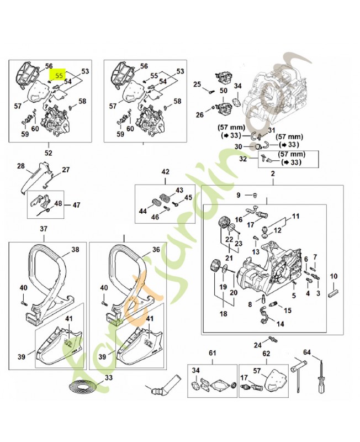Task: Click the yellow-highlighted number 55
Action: pyautogui.click(x=58, y=72)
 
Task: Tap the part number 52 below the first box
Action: pyautogui.click(x=48, y=152)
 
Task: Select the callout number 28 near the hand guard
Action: pyautogui.click(x=21, y=166)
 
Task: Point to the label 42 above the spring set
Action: pyautogui.click(x=165, y=172)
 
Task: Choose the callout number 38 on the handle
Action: pyautogui.click(x=75, y=250)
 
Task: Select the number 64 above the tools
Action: pyautogui.click(x=307, y=352)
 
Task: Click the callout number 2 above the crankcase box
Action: pyautogui.click(x=272, y=175)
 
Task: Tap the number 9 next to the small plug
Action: pyautogui.click(x=239, y=195)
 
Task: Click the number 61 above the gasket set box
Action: pyautogui.click(x=212, y=353)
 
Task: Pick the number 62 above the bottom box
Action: pyautogui.click(x=266, y=353)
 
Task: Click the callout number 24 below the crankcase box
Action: pyautogui.click(x=257, y=345)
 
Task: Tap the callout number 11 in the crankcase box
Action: pyautogui.click(x=295, y=216)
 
